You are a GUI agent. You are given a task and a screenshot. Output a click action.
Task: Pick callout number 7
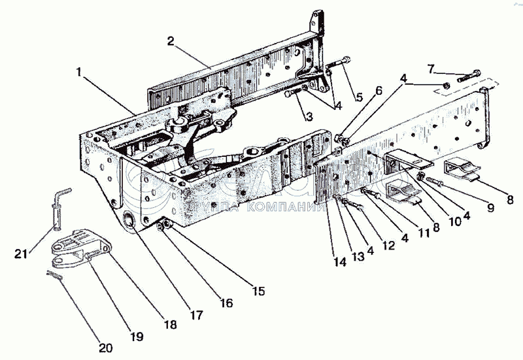coord(431,68)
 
